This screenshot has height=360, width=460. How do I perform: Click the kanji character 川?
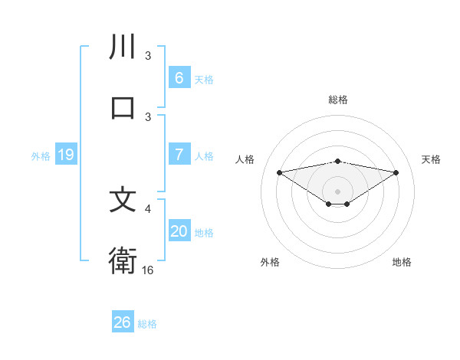(x=123, y=47)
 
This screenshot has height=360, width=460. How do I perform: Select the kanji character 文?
(x=123, y=200)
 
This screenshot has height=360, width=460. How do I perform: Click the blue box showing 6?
(x=179, y=78)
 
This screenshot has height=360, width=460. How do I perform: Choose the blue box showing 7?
(x=179, y=155)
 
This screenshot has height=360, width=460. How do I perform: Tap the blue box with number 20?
(x=179, y=231)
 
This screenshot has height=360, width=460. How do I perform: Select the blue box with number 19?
(x=65, y=155)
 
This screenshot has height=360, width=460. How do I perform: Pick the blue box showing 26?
(x=122, y=322)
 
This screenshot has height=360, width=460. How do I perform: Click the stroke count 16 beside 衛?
(x=148, y=270)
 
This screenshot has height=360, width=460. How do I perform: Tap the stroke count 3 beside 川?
(x=148, y=55)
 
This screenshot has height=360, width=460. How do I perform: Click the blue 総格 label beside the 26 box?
(x=147, y=324)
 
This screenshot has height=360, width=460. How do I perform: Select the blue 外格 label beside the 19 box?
(x=41, y=156)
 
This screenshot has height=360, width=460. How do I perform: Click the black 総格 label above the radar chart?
(x=337, y=100)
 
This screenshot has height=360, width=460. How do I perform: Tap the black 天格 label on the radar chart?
(x=432, y=159)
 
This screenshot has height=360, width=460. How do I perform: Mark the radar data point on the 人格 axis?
(x=279, y=172)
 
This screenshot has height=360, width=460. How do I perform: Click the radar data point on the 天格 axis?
(x=396, y=172)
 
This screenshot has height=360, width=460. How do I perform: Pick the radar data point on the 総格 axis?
(x=337, y=161)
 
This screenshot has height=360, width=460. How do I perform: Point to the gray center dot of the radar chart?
(x=337, y=191)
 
